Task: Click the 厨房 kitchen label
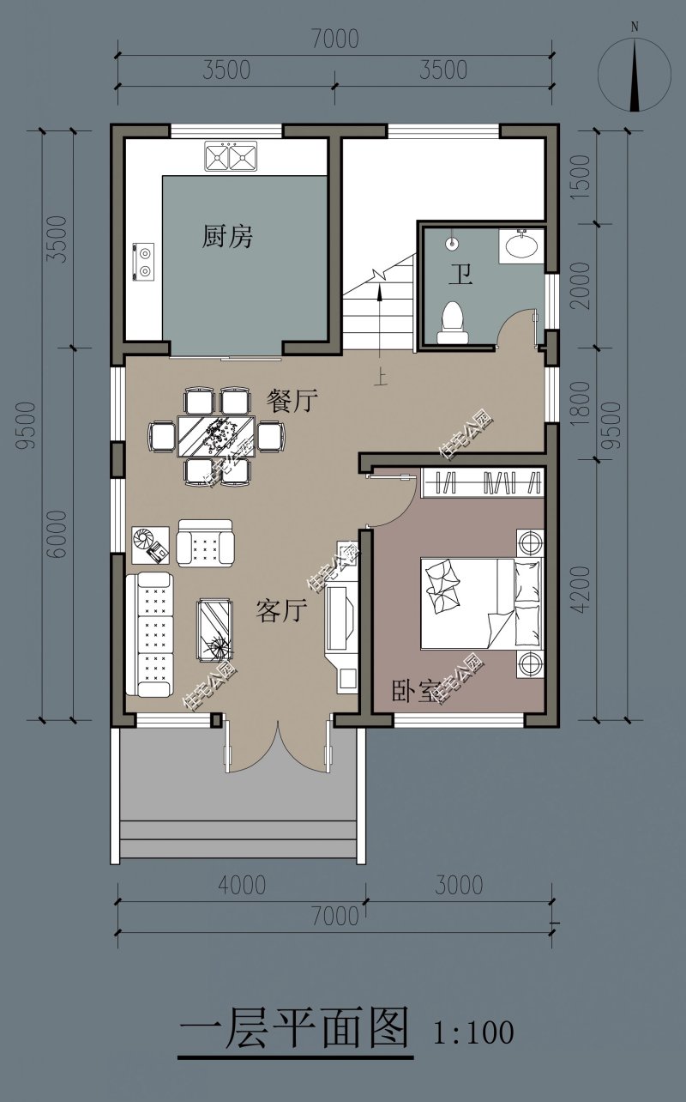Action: (x=227, y=236)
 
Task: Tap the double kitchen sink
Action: (x=231, y=156)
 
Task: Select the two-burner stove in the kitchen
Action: (x=143, y=263)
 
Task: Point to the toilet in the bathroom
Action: (x=453, y=322)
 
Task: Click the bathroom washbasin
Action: (x=521, y=245)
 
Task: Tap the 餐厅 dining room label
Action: (x=292, y=401)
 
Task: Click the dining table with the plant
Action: (x=216, y=436)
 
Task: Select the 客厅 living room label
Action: (x=281, y=610)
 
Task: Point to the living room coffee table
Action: (x=215, y=630)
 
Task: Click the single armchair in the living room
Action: (x=206, y=543)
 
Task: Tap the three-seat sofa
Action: (x=150, y=634)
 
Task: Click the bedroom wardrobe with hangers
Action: (x=483, y=481)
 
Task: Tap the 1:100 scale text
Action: (x=473, y=1032)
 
